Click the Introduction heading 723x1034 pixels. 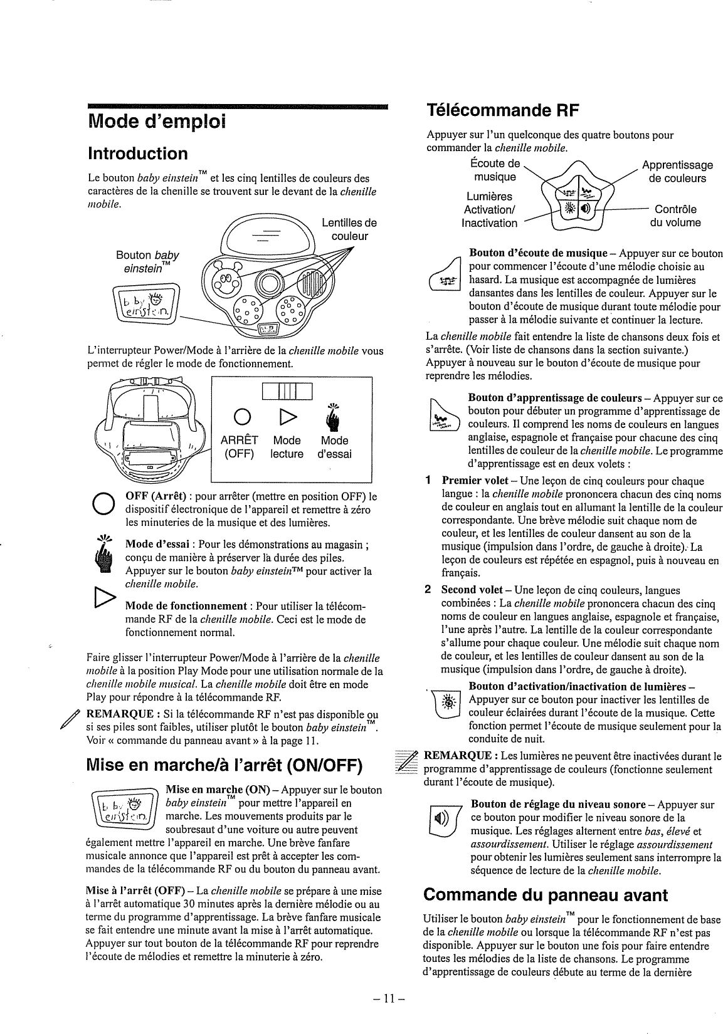point(137,154)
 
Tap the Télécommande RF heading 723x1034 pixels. point(501,111)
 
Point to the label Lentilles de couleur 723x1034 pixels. point(349,229)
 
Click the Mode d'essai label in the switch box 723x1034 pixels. point(334,447)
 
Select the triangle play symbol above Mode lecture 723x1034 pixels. point(286,417)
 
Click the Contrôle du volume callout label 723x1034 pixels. point(675,216)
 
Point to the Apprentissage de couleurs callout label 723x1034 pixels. point(677,171)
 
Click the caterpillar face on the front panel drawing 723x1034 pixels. point(224,278)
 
